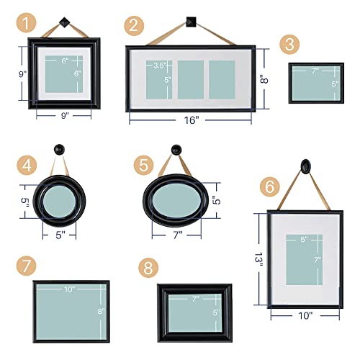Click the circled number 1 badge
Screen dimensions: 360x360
coord(27,24)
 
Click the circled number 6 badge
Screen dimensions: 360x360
coord(270,186)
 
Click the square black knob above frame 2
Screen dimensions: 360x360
coord(192,20)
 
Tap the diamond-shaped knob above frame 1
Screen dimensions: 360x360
coord(60,21)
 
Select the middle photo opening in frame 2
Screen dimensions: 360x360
coord(190,79)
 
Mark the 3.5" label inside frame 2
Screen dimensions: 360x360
coord(159,66)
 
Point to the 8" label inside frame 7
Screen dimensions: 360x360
coord(102,311)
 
